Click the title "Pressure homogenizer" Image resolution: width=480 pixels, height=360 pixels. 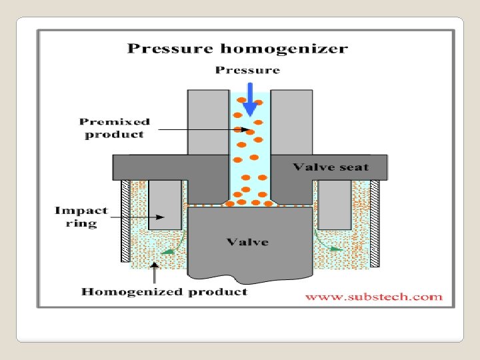pyautogui.click(x=237, y=49)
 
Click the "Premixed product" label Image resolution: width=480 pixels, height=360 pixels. pyautogui.click(x=114, y=128)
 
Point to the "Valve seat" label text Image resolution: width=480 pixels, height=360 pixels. pyautogui.click(x=331, y=167)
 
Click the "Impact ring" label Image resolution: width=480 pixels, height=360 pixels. pyautogui.click(x=81, y=217)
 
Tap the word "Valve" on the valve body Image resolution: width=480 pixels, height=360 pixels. pyautogui.click(x=247, y=241)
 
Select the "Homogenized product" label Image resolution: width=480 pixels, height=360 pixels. pyautogui.click(x=164, y=291)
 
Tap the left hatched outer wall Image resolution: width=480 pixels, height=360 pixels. pyautogui.click(x=125, y=221)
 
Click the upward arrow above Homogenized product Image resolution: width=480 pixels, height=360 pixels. pyautogui.click(x=155, y=270)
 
